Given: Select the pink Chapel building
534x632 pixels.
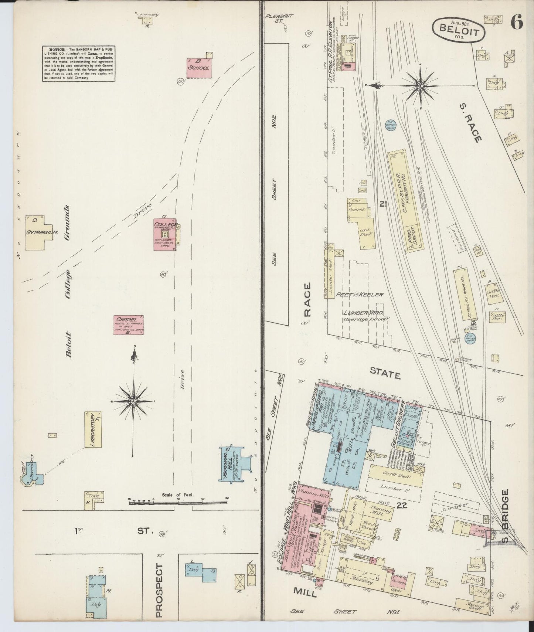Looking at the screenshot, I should click(128, 325).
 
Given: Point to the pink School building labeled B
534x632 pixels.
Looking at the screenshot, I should click(199, 68).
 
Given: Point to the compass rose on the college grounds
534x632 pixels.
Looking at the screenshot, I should click(133, 401).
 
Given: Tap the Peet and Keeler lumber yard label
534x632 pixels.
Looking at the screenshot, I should click(360, 295).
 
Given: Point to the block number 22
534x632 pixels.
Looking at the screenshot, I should click(402, 505).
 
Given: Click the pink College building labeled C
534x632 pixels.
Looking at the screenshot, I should click(165, 235).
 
